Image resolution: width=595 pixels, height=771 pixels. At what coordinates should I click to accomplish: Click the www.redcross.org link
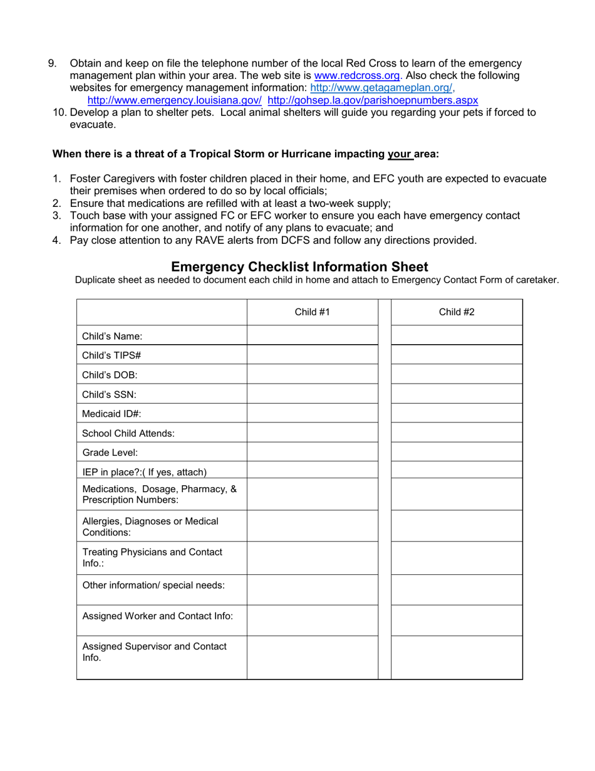[357, 76]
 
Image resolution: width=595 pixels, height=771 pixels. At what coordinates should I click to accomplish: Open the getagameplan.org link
[382, 88]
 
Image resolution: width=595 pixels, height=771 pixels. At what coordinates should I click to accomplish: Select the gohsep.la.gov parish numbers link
[373, 100]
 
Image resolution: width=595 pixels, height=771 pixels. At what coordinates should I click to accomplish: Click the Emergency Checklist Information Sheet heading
[299, 267]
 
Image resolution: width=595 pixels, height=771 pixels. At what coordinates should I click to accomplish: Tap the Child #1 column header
[312, 312]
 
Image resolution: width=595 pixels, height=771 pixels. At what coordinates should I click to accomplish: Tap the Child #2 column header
[457, 312]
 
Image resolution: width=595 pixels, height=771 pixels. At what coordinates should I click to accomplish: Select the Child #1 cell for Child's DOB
[312, 375]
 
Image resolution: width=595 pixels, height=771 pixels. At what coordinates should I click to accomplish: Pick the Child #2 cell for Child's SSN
[457, 394]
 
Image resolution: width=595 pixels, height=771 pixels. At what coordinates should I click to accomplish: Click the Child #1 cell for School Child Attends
[312, 433]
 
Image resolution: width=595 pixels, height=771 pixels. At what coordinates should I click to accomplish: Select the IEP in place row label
[144, 472]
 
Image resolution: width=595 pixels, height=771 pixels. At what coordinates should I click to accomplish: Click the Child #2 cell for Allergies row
[457, 527]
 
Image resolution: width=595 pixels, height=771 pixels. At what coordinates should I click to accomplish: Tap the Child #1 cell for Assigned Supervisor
[312, 658]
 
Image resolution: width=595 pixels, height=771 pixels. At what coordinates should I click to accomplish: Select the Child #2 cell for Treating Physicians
[457, 559]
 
